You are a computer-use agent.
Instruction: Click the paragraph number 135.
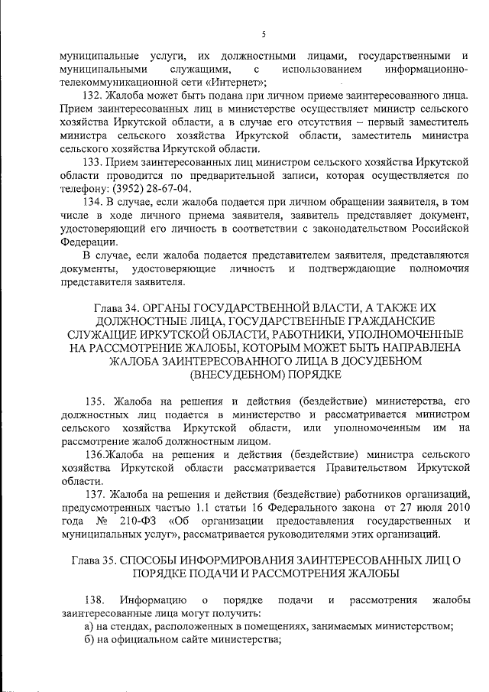point(95,401)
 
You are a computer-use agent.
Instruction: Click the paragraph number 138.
point(95,599)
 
